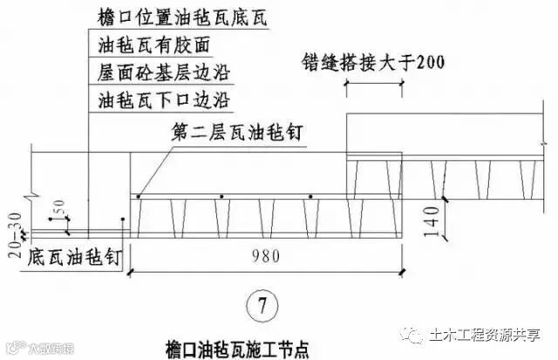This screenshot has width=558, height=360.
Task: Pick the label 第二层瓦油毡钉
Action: [231, 132]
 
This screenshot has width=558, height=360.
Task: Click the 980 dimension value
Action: [260, 259]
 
